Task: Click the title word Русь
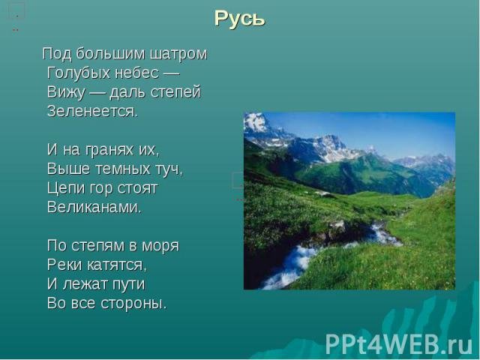[239, 19]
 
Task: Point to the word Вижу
[66, 92]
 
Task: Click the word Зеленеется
[93, 111]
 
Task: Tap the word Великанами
[94, 207]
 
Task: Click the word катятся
[117, 265]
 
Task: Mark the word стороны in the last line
[134, 304]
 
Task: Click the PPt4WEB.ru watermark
[399, 344]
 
